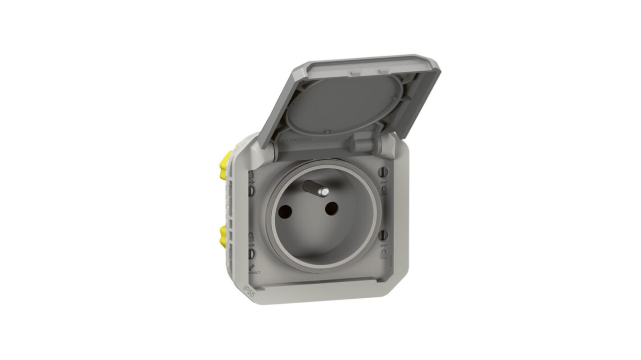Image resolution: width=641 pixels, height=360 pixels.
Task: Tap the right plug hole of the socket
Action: click(331, 208)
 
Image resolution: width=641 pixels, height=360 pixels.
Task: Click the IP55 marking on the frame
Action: click(248, 291)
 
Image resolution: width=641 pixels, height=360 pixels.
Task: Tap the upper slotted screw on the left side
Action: click(251, 191)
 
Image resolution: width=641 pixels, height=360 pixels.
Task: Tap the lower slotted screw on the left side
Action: click(251, 254)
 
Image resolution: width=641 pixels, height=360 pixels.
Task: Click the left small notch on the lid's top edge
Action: click(356, 72)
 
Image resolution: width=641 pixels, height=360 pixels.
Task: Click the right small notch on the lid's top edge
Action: click(383, 71)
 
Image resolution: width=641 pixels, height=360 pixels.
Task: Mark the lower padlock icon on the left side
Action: click(251, 237)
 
